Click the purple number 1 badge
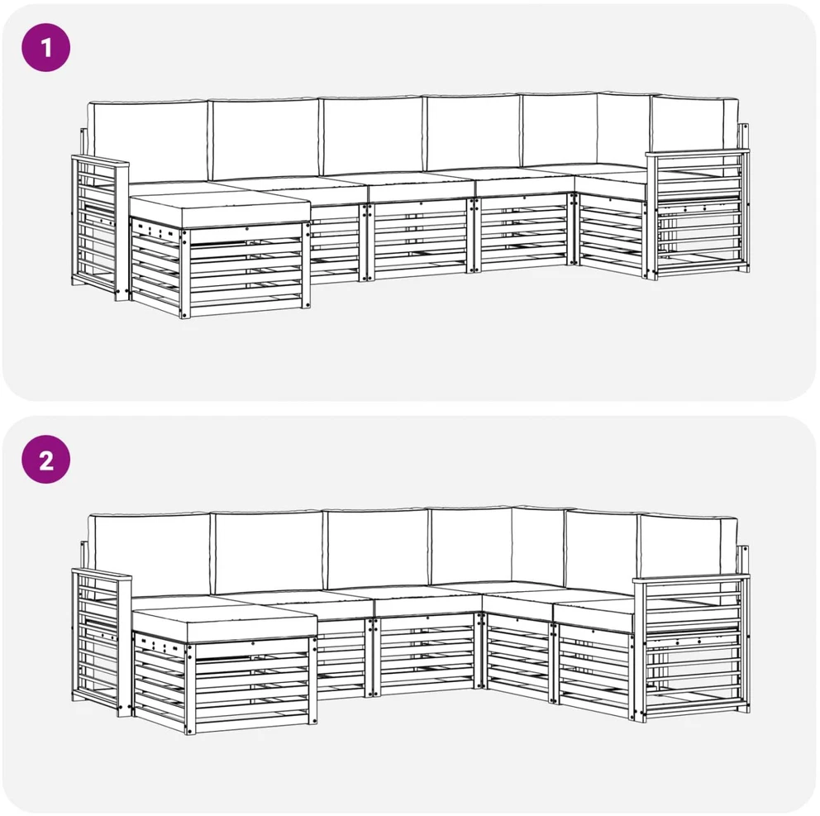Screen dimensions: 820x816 click(45, 48)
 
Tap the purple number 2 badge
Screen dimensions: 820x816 click(45, 460)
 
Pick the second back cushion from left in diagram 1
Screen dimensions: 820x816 click(265, 138)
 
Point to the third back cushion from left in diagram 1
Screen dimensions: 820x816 click(372, 136)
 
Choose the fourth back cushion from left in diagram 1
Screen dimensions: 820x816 click(472, 133)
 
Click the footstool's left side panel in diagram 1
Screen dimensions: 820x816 click(156, 265)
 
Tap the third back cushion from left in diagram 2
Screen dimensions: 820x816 click(378, 549)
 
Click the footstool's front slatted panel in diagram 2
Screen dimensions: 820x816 click(251, 685)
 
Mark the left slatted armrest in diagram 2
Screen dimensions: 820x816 click(102, 642)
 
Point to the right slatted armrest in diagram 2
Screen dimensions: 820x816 click(691, 647)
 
